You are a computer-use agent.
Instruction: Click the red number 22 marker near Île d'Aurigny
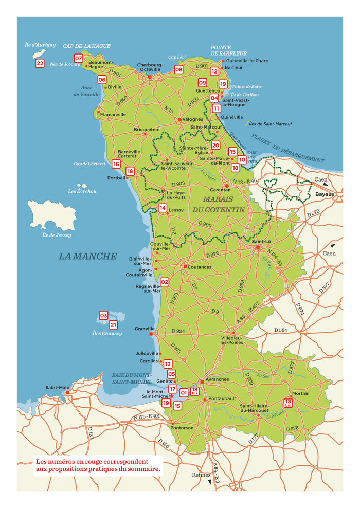coord(40,64)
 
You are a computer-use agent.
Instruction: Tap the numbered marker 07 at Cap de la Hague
coord(79,58)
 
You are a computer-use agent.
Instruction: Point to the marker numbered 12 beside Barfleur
coord(214,71)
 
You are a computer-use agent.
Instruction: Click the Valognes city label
coord(193,119)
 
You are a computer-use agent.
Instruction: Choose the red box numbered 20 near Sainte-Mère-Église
coord(215,146)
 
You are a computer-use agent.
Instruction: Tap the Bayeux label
coord(325,194)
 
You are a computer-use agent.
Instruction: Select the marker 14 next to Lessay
coord(163,208)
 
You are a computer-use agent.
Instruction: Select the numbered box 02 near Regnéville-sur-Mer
coord(165,282)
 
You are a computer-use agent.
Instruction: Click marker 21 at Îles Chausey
coord(113,324)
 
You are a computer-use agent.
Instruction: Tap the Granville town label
coord(145,328)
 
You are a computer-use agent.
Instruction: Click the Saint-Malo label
coord(57,387)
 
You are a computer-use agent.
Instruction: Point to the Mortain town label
coord(300,393)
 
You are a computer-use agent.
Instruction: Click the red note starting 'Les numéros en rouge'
coord(98,465)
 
